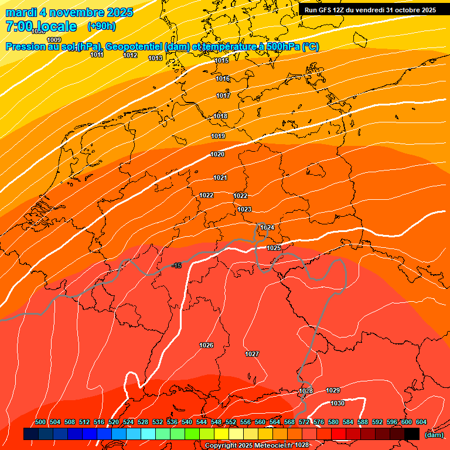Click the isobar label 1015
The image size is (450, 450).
[x=221, y=61]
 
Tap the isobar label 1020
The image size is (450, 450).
[x=217, y=155]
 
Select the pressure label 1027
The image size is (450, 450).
[x=252, y=354]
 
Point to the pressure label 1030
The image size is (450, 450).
[x=337, y=404]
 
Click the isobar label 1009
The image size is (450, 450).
[x=54, y=40]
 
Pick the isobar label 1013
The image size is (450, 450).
[x=155, y=59]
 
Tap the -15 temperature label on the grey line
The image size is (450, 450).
[x=177, y=266]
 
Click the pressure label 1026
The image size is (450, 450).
[x=206, y=346]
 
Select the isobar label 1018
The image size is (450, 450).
[x=220, y=117]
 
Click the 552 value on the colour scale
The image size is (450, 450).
[x=231, y=422]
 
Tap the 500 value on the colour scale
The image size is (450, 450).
[x=40, y=422]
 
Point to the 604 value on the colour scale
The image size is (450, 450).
[x=421, y=422]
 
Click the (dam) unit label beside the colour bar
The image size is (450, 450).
[x=434, y=434]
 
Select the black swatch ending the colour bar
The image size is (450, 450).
[x=412, y=434]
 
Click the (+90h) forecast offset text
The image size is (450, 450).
[x=101, y=26]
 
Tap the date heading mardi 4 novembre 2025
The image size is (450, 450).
[x=69, y=12]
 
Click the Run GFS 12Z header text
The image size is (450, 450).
[x=370, y=10]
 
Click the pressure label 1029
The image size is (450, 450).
[x=333, y=390]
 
